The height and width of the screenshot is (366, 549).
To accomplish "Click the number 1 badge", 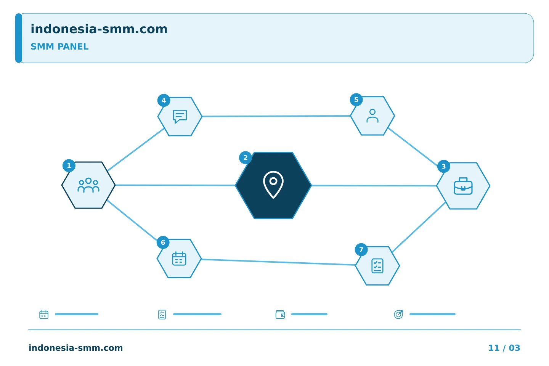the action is pos(69,166).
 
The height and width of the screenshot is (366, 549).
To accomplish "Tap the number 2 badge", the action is pos(246,157).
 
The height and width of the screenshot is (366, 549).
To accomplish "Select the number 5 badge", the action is pos(356,100).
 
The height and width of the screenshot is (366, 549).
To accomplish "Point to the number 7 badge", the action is pos(361,250).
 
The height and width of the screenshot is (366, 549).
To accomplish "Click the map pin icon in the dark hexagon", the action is pos(273,185).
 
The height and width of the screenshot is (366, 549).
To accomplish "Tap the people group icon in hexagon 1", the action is pos(88,185).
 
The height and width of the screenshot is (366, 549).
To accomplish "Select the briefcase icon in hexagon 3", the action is pos(463,186).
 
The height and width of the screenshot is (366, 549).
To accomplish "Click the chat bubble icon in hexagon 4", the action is pos(180,116).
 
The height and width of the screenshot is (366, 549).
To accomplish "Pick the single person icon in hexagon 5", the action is pos(372,116).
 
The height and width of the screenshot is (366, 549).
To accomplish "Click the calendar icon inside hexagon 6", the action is pos(179,258).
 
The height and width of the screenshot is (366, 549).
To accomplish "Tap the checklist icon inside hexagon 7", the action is pos(377,266).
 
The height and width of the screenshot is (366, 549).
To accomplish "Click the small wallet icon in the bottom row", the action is pos(280,315).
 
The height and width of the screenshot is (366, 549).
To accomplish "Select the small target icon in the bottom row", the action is pos(398,314).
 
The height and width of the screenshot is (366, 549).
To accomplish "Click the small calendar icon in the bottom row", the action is pos(44,314).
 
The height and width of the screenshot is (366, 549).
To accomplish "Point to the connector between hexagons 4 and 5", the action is pos(276,116).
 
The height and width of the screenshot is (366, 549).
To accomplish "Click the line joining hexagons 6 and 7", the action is pos(278,262).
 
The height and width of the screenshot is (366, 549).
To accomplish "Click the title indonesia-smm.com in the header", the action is pos(99,29).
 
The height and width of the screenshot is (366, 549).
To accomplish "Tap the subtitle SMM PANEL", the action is pos(59,47).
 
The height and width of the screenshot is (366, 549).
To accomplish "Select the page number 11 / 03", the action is pos(504,348).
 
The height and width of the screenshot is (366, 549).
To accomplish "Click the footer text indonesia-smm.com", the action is pos(76,348).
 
